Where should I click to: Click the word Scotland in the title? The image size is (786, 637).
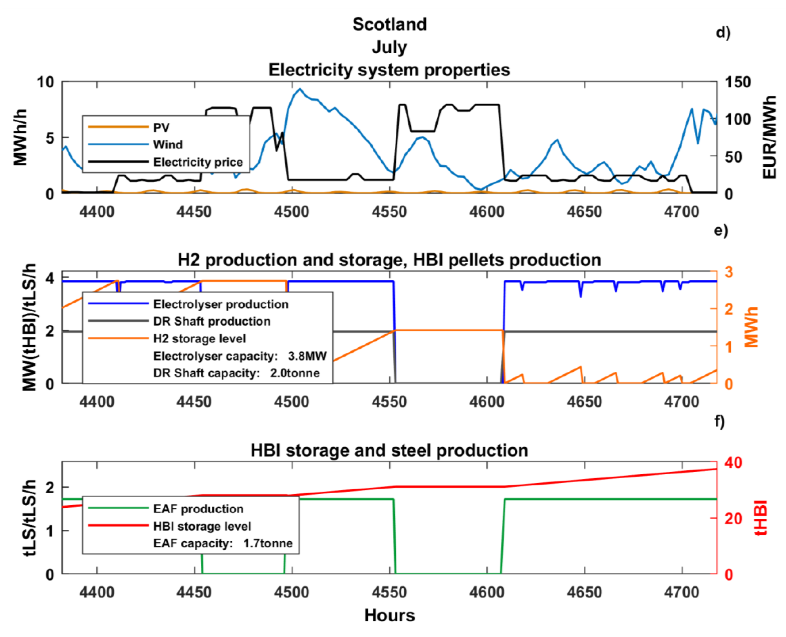pyautogui.click(x=390, y=25)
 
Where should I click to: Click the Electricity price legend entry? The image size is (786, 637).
pyautogui.click(x=198, y=162)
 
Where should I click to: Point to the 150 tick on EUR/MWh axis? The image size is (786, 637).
pyautogui.click(x=738, y=82)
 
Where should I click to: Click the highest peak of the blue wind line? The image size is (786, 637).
pyautogui.click(x=300, y=89)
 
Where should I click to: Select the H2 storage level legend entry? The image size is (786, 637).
pyautogui.click(x=199, y=338)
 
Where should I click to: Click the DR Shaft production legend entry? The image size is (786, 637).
pyautogui.click(x=212, y=321)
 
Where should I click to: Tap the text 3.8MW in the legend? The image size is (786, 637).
pyautogui.click(x=307, y=356)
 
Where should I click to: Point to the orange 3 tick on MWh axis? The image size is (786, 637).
pyautogui.click(x=729, y=272)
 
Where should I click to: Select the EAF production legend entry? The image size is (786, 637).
pyautogui.click(x=198, y=509)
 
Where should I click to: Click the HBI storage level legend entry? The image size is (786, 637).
pyautogui.click(x=202, y=526)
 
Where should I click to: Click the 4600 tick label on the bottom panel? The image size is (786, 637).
pyautogui.click(x=487, y=592)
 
